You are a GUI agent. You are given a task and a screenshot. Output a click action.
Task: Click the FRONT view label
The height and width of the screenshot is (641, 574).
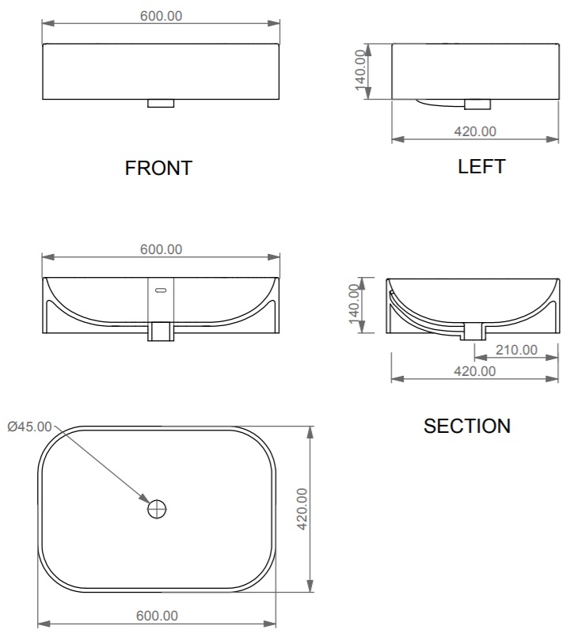tap(158, 168)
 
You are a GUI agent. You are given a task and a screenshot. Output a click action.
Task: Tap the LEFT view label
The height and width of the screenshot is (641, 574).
tap(481, 166)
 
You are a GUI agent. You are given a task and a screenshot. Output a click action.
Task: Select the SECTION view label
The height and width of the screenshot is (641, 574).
tap(467, 426)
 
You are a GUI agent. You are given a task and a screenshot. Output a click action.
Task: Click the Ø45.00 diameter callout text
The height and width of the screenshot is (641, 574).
tap(30, 427)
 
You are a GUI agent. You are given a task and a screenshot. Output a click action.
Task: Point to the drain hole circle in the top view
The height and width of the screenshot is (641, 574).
tap(157, 509)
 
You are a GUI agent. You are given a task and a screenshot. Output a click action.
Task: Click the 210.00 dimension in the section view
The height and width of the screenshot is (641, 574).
tap(516, 350)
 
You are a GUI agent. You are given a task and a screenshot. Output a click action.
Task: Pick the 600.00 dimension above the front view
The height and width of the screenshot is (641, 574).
tap(162, 16)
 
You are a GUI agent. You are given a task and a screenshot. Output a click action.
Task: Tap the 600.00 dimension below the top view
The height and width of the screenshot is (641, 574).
tap(157, 616)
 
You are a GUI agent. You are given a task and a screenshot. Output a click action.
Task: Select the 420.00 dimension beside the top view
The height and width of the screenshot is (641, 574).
tap(302, 509)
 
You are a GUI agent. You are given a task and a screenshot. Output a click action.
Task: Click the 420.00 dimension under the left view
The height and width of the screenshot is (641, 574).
tap(475, 131)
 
